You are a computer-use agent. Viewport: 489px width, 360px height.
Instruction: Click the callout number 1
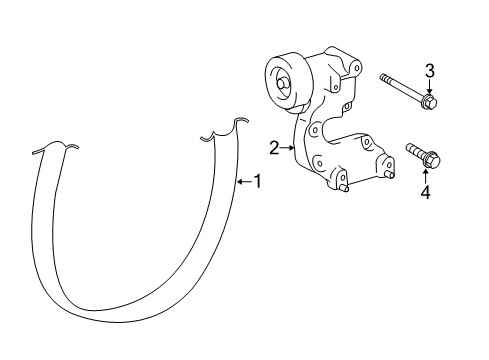pos(256,181)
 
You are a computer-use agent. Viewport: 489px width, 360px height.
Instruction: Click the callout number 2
pos(273,148)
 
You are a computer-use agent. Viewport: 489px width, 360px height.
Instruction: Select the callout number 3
pos(430,69)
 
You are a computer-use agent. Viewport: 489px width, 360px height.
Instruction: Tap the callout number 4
pos(425,193)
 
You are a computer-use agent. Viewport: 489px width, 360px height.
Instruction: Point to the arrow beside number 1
pos(242,181)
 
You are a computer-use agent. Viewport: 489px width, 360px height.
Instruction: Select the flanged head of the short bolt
pos(434,160)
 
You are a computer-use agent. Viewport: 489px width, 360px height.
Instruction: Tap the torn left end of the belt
pos(54,147)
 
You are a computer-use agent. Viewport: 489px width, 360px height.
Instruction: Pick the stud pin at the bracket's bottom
pos(343,187)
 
